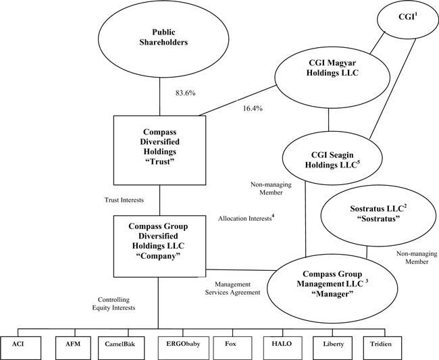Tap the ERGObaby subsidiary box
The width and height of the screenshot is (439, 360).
pos(178,344)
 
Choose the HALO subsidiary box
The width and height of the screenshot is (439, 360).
pos(281,344)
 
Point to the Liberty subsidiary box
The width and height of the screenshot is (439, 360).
pos(334,344)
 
